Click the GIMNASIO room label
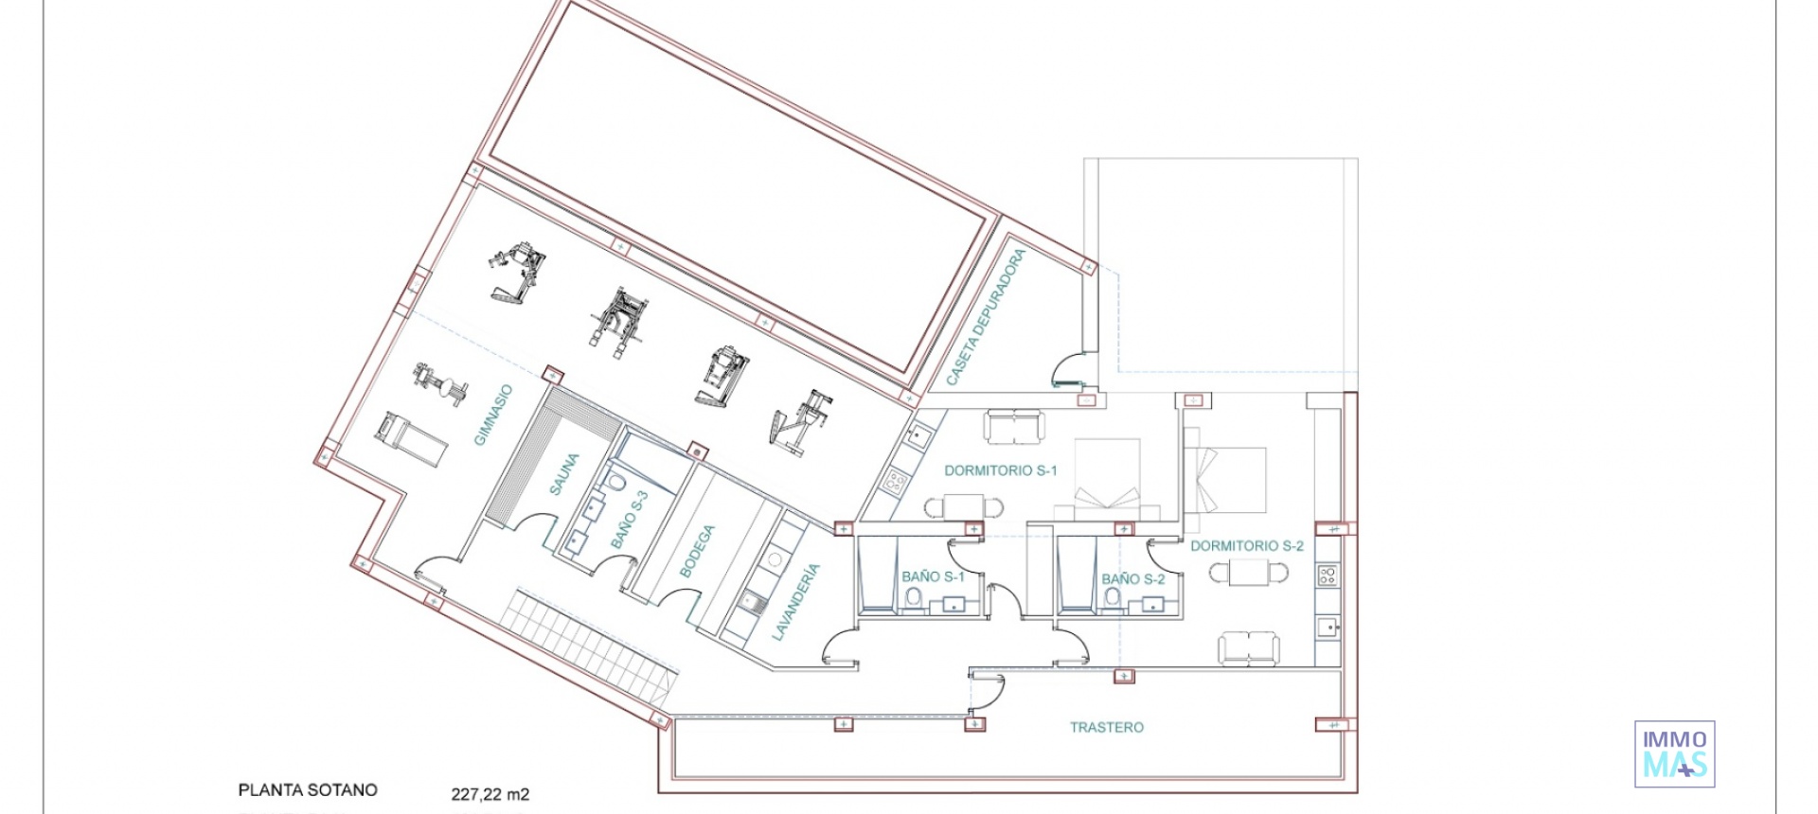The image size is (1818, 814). pos(493,415)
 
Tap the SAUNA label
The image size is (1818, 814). pos(564,473)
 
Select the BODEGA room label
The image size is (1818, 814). pos(698,551)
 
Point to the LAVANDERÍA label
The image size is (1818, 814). pos(795,602)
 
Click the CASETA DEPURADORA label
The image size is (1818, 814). pos(986,317)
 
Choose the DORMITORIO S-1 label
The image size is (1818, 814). pos(1000,470)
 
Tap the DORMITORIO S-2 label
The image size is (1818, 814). pos(1246,546)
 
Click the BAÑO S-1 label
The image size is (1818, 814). pos(933,576)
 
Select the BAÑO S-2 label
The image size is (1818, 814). pos(1132,579)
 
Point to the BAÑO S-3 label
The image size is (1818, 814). pos(630,519)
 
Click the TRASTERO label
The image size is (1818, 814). pos(1106,728)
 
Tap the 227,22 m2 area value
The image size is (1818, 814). pos(490,795)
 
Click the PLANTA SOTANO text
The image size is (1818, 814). pos(308,790)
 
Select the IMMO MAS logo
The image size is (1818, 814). pos(1674,754)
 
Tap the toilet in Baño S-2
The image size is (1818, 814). pos(1113,598)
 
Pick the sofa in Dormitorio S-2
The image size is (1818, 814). pos(1248,648)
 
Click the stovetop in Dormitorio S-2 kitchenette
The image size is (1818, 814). pos(1328,575)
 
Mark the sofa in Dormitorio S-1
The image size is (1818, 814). pos(1013,426)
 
